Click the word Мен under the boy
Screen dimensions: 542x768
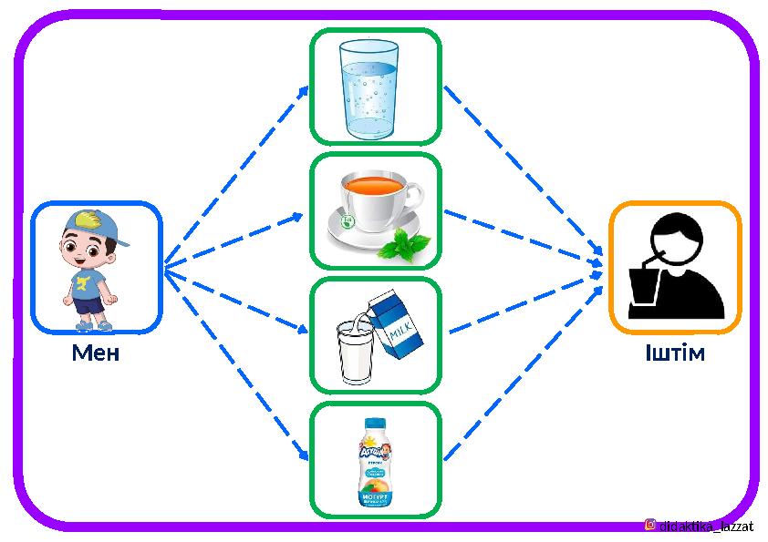[x=96, y=353]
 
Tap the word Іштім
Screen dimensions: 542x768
[x=675, y=353]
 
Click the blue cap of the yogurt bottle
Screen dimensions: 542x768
[x=375, y=424]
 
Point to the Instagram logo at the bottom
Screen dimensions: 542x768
[x=650, y=525]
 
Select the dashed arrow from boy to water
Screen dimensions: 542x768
[x=237, y=178]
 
